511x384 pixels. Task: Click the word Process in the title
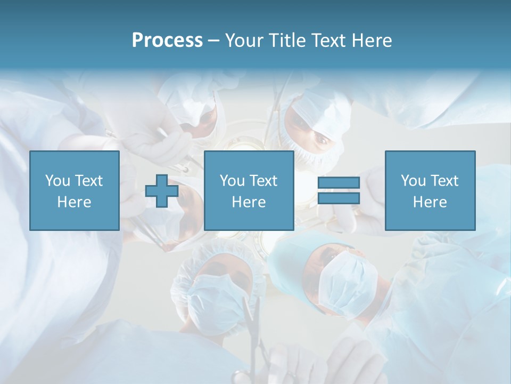point(167,41)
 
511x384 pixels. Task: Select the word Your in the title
point(245,41)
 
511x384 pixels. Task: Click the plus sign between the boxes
point(162,191)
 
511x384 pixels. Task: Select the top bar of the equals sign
point(339,183)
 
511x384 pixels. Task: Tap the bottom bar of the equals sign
point(339,198)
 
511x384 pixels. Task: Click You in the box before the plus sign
point(57,181)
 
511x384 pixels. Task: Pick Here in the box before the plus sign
point(74,202)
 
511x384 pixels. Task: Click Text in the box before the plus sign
point(88,181)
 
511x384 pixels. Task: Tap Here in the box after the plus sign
point(249,202)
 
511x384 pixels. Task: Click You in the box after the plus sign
point(232,181)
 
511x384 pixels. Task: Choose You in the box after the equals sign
point(413,181)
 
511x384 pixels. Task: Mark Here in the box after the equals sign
point(430,202)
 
